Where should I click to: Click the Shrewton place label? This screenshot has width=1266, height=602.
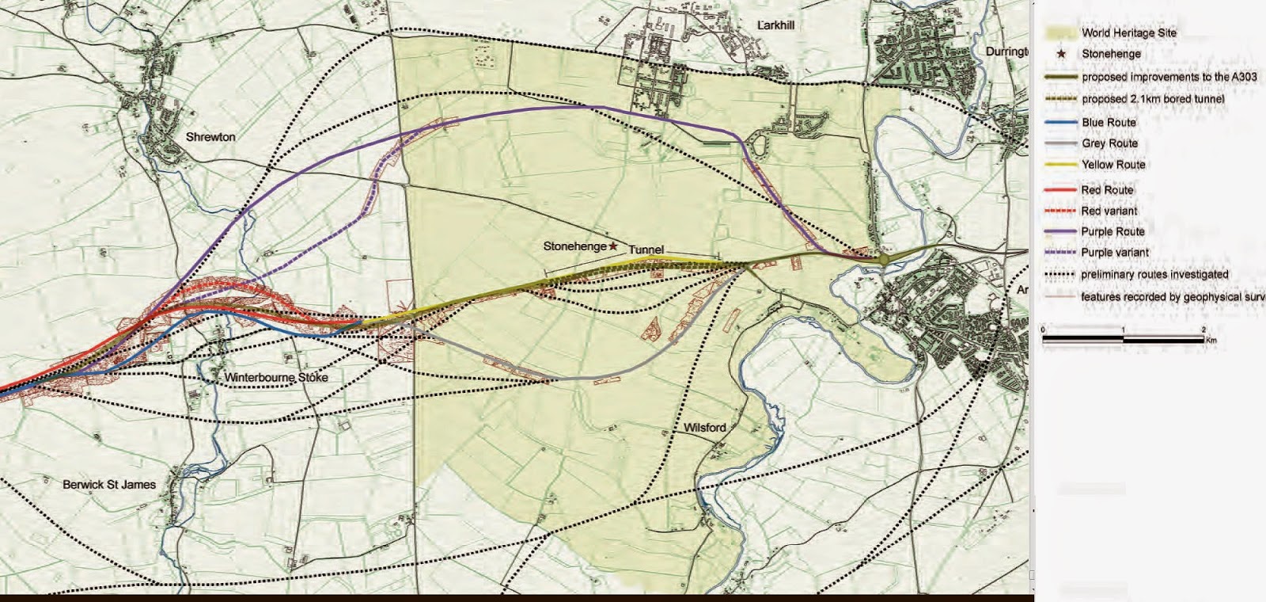click(210, 137)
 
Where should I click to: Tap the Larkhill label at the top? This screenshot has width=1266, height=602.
click(775, 25)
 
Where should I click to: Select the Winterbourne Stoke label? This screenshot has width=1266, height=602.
click(276, 377)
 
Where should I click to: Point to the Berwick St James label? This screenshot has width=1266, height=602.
click(109, 484)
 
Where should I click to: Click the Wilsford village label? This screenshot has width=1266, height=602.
click(704, 428)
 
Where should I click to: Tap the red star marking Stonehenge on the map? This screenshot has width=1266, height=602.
click(613, 246)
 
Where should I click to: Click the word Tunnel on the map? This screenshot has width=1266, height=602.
click(646, 250)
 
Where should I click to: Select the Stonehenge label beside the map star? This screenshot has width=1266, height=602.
click(574, 246)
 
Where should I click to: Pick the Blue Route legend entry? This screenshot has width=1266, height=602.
click(1109, 123)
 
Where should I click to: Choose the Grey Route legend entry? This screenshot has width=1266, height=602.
click(1109, 143)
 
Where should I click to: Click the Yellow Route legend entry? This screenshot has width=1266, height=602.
click(1113, 165)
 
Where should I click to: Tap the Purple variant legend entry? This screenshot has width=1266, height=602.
click(1115, 253)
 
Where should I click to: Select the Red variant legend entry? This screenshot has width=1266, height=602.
click(1109, 211)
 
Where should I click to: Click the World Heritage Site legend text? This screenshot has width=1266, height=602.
click(1128, 33)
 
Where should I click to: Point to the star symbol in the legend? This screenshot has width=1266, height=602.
click(1061, 54)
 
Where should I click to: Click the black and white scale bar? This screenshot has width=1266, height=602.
click(1123, 339)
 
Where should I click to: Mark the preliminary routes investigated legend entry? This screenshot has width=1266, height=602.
click(1154, 275)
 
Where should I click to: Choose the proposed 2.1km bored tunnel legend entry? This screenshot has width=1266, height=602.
click(1153, 99)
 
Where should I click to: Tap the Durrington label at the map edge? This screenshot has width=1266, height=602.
click(1006, 51)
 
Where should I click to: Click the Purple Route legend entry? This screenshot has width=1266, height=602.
click(1112, 231)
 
